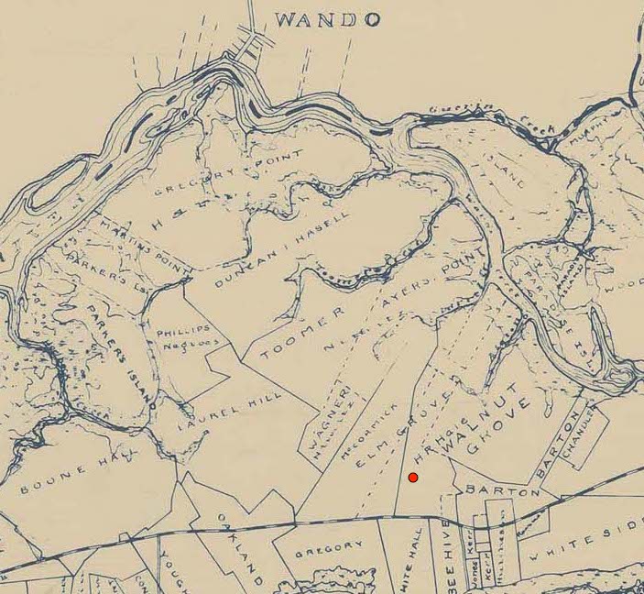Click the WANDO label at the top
[327, 18]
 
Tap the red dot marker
[413, 478]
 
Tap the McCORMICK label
[359, 429]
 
